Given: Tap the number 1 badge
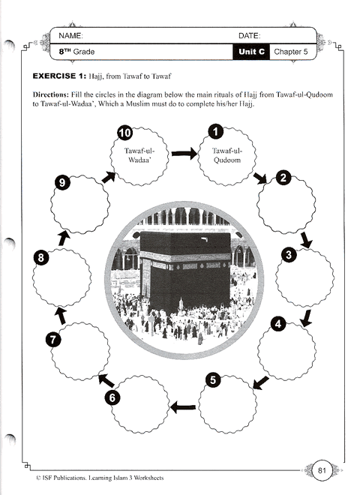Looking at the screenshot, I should pos(215,133).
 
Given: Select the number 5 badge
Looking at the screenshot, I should pos(214,380).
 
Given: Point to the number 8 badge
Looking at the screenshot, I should pos(43,258).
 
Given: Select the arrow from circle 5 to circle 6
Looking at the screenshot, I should pos(182,407).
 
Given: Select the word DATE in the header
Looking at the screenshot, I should pos(249,36).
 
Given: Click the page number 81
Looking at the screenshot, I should pos(321,470).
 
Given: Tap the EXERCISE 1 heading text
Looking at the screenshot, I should pos(61,77).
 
